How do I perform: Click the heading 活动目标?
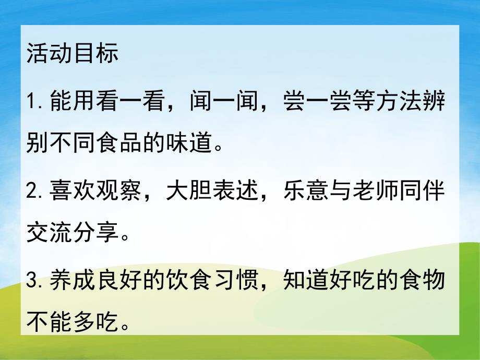73,54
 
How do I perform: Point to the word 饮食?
189,282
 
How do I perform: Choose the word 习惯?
236,282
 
